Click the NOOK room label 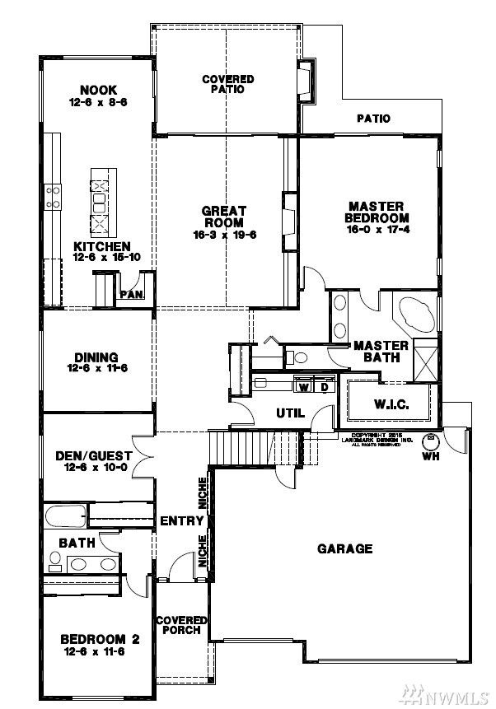(x=98, y=90)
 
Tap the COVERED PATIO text (x=228, y=84)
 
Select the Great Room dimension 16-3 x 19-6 (x=223, y=234)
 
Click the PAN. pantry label (x=131, y=294)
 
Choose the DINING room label (x=97, y=357)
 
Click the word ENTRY (x=181, y=520)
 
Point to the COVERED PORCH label (x=181, y=625)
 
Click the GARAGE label (x=345, y=548)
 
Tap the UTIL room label (x=291, y=413)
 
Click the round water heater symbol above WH (x=430, y=441)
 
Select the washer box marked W (x=303, y=386)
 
